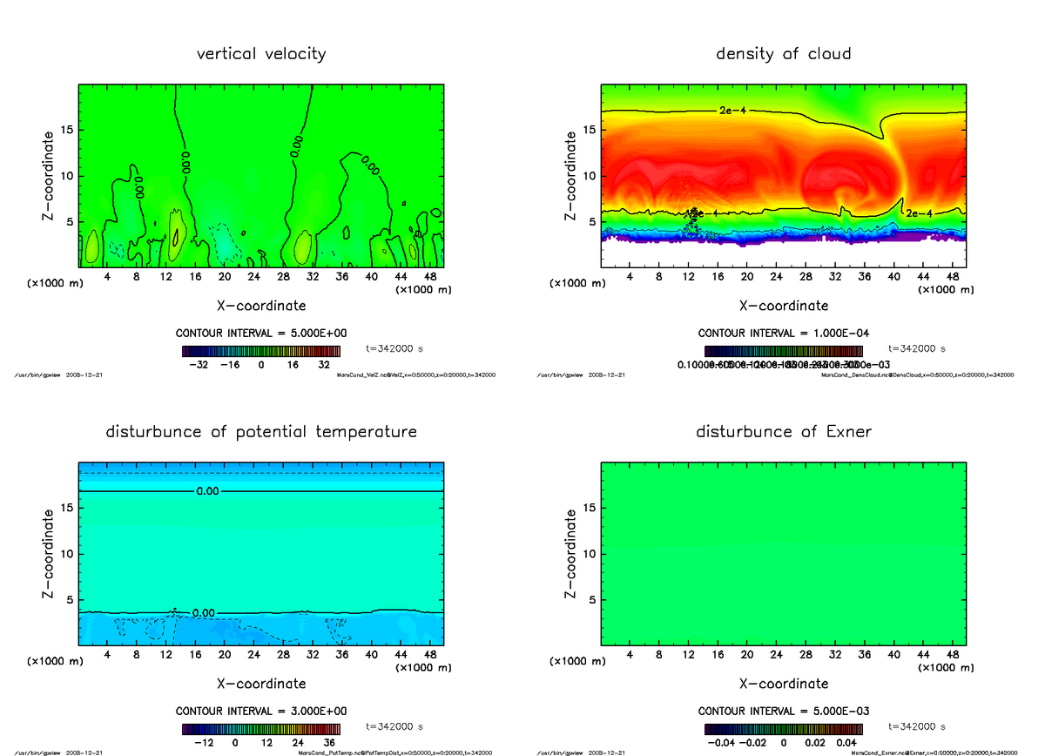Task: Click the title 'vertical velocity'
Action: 261,54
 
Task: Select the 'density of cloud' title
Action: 783,54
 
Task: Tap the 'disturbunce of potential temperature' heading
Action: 261,432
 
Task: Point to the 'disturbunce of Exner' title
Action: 783,432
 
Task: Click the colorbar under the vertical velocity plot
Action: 261,352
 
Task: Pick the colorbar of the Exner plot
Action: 783,729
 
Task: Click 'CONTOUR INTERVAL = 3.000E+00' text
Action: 261,711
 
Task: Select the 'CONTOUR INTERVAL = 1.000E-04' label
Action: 783,334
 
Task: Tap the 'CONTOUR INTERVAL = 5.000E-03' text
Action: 783,711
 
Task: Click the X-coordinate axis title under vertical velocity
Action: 261,306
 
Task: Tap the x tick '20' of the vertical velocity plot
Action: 225,277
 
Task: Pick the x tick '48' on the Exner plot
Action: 953,654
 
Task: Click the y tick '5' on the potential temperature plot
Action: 70,600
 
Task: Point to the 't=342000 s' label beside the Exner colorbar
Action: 916,726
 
